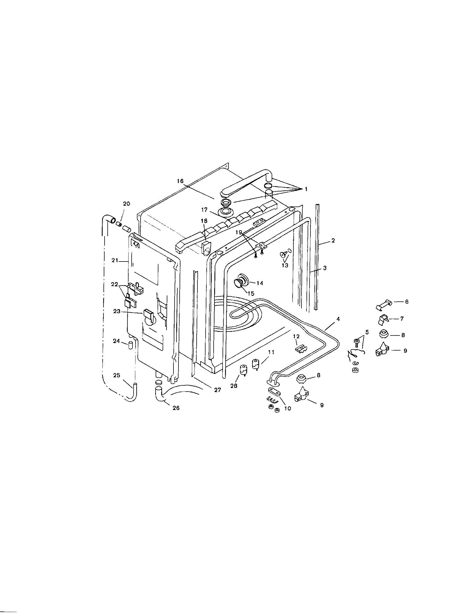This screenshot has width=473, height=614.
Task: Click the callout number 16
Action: pyautogui.click(x=180, y=181)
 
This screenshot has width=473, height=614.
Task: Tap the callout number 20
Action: pyautogui.click(x=127, y=204)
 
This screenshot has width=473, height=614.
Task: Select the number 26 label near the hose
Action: pyautogui.click(x=176, y=408)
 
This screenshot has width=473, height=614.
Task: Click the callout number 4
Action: pyautogui.click(x=338, y=319)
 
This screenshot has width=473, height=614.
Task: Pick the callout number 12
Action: pyautogui.click(x=297, y=337)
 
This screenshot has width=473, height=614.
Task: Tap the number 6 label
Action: pyautogui.click(x=406, y=302)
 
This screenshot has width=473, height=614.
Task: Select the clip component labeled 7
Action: pyautogui.click(x=383, y=319)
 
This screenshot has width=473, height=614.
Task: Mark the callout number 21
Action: pyautogui.click(x=115, y=261)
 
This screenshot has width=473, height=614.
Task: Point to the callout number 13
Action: pyautogui.click(x=285, y=265)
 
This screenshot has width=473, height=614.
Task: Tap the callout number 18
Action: pyautogui.click(x=204, y=221)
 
